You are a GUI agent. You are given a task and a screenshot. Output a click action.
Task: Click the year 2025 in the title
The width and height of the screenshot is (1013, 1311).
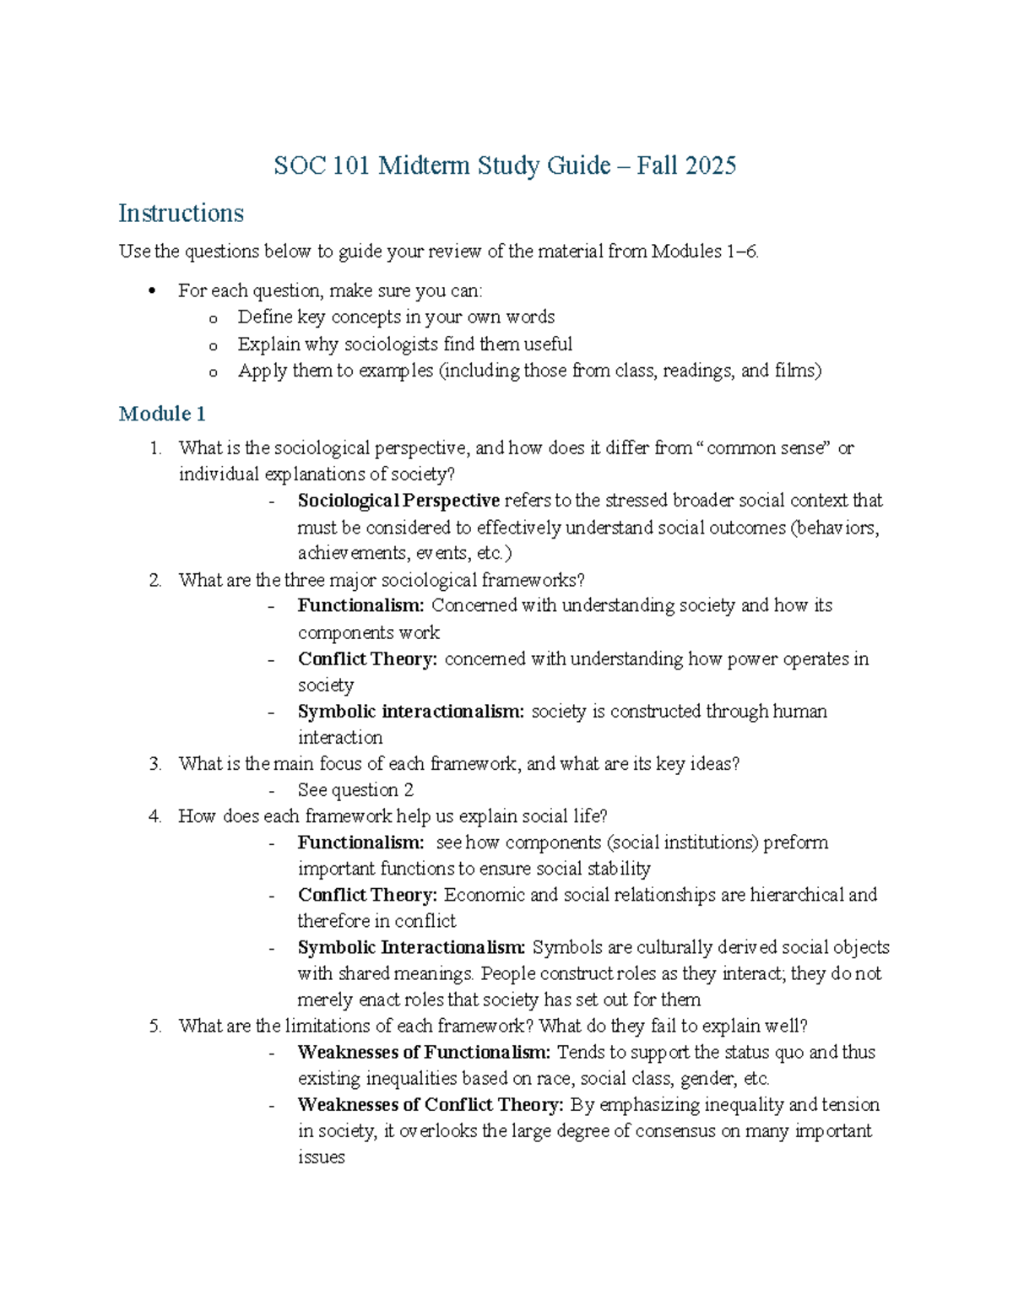[711, 165]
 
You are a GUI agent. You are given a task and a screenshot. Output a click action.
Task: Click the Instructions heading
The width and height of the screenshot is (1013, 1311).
[181, 214]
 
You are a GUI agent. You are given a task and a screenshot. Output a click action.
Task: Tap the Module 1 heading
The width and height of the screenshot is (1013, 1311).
[162, 414]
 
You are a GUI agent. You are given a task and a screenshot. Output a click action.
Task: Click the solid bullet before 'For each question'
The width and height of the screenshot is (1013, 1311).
[152, 291]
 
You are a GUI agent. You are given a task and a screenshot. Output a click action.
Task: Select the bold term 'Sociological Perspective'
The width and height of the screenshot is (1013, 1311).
[398, 501]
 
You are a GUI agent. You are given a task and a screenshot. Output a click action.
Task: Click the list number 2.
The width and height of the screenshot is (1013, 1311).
[154, 580]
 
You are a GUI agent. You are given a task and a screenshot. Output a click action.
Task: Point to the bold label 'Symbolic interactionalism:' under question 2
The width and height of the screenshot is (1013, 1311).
[410, 712]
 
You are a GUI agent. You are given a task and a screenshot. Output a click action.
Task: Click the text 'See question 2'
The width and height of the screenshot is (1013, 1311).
[355, 790]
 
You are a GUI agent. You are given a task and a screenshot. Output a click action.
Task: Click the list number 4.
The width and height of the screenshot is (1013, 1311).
[154, 816]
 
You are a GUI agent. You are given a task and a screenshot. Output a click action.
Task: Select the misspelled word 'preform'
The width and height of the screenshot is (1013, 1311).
[795, 842]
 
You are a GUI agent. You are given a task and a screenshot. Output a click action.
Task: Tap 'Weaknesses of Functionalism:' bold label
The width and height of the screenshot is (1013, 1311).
[424, 1053]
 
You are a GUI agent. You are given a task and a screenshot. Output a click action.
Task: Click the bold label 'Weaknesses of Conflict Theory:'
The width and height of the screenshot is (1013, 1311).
[431, 1105]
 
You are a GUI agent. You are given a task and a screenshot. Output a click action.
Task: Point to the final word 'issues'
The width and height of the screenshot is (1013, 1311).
[321, 1157]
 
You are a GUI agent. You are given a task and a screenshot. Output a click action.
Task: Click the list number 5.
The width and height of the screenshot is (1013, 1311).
[154, 1027]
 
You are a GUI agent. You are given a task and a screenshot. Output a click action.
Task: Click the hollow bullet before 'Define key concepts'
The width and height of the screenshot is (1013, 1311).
[213, 318]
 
